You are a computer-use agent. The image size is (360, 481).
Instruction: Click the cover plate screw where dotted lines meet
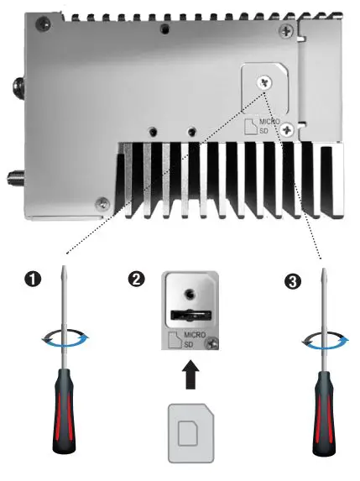point(265,82)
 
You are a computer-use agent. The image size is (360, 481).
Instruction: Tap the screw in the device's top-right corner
point(288,30)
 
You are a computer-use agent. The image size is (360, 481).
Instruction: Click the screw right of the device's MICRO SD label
point(287,128)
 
